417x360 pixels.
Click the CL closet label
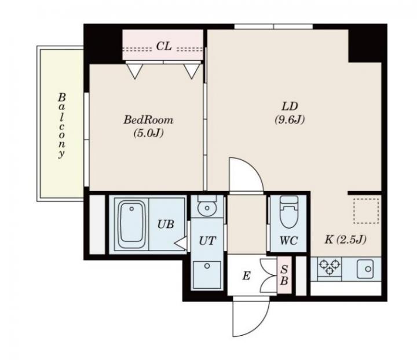click(x=163, y=46)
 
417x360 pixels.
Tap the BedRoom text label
click(x=148, y=120)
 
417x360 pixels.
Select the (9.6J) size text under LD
click(x=290, y=120)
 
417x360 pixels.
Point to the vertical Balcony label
click(x=62, y=126)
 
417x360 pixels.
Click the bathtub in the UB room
click(x=131, y=225)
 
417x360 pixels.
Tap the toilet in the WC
click(x=289, y=212)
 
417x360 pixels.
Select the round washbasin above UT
click(x=207, y=208)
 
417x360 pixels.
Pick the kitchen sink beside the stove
click(x=365, y=269)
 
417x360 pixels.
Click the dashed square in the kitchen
click(x=366, y=211)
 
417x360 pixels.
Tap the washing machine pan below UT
click(x=207, y=275)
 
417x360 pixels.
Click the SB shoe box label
click(x=284, y=275)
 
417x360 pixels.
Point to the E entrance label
click(x=246, y=275)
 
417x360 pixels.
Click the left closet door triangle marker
click(x=135, y=71)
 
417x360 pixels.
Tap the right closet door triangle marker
click(x=192, y=71)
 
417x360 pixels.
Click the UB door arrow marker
click(x=181, y=243)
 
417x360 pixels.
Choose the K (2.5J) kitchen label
click(x=345, y=240)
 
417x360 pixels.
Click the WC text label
click(x=288, y=241)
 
